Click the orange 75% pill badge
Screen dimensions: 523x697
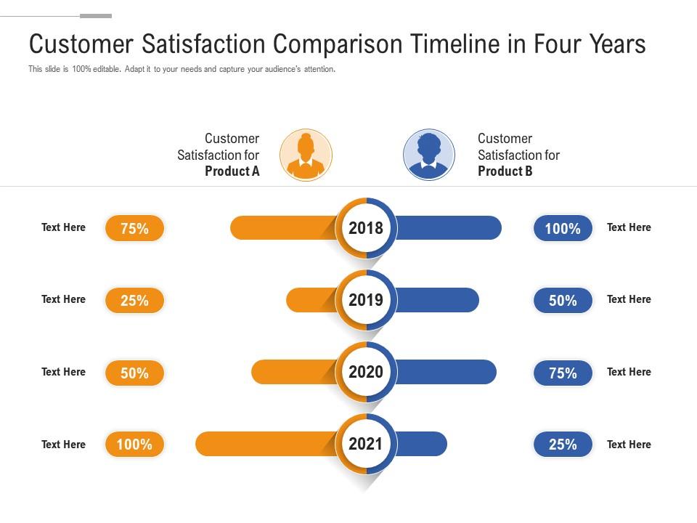134,228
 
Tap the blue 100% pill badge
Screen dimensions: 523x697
563,228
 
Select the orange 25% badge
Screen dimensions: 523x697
134,300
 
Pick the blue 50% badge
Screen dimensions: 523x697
563,300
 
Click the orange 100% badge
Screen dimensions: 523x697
134,444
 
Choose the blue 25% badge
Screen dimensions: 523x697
563,444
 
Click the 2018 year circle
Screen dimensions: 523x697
366,228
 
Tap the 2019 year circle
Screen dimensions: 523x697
366,300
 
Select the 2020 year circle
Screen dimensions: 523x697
366,372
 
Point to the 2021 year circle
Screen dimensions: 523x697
366,444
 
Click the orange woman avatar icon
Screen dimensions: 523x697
306,155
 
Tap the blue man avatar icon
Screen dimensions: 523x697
429,155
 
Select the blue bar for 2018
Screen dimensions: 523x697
450,228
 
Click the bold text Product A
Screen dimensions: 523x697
232,171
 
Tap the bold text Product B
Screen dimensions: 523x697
505,171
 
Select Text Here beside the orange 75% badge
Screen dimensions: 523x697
63,227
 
